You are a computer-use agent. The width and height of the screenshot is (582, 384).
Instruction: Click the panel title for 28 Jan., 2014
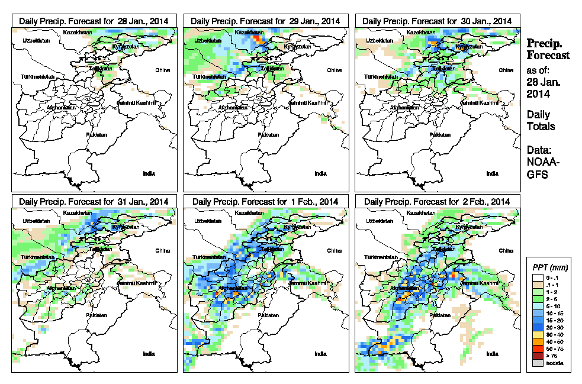(94, 21)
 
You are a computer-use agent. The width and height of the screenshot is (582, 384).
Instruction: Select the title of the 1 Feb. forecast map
(265, 201)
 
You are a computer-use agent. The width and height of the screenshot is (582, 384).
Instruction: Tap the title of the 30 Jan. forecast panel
(437, 21)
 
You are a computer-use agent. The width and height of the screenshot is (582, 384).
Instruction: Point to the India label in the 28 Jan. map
(149, 173)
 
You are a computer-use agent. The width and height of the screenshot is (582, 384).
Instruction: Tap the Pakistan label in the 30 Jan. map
(439, 134)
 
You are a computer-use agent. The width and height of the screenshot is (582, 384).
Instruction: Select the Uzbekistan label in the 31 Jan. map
(34, 221)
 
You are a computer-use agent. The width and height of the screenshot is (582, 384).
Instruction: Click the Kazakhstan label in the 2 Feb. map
(423, 212)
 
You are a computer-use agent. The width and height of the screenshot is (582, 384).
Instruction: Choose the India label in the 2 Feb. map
(492, 354)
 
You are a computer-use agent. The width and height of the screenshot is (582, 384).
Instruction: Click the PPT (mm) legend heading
(549, 267)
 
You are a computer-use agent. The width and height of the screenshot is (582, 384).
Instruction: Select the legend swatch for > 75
(536, 356)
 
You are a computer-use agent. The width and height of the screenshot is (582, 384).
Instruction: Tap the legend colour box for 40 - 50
(536, 341)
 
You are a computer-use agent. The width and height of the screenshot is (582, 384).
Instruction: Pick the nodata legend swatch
(536, 363)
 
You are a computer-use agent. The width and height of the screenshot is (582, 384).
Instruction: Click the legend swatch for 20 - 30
(536, 327)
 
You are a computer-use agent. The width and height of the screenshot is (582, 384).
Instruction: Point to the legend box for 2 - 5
(536, 298)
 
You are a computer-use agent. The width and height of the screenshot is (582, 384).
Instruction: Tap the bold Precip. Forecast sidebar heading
(548, 49)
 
